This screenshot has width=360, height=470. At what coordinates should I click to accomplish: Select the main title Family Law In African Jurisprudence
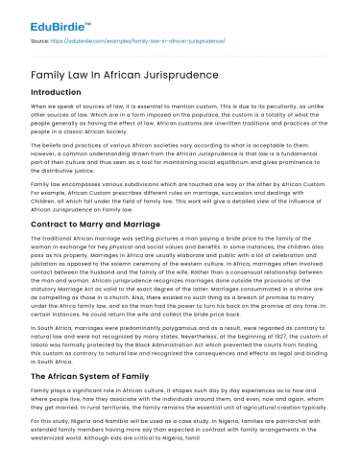(112, 73)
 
